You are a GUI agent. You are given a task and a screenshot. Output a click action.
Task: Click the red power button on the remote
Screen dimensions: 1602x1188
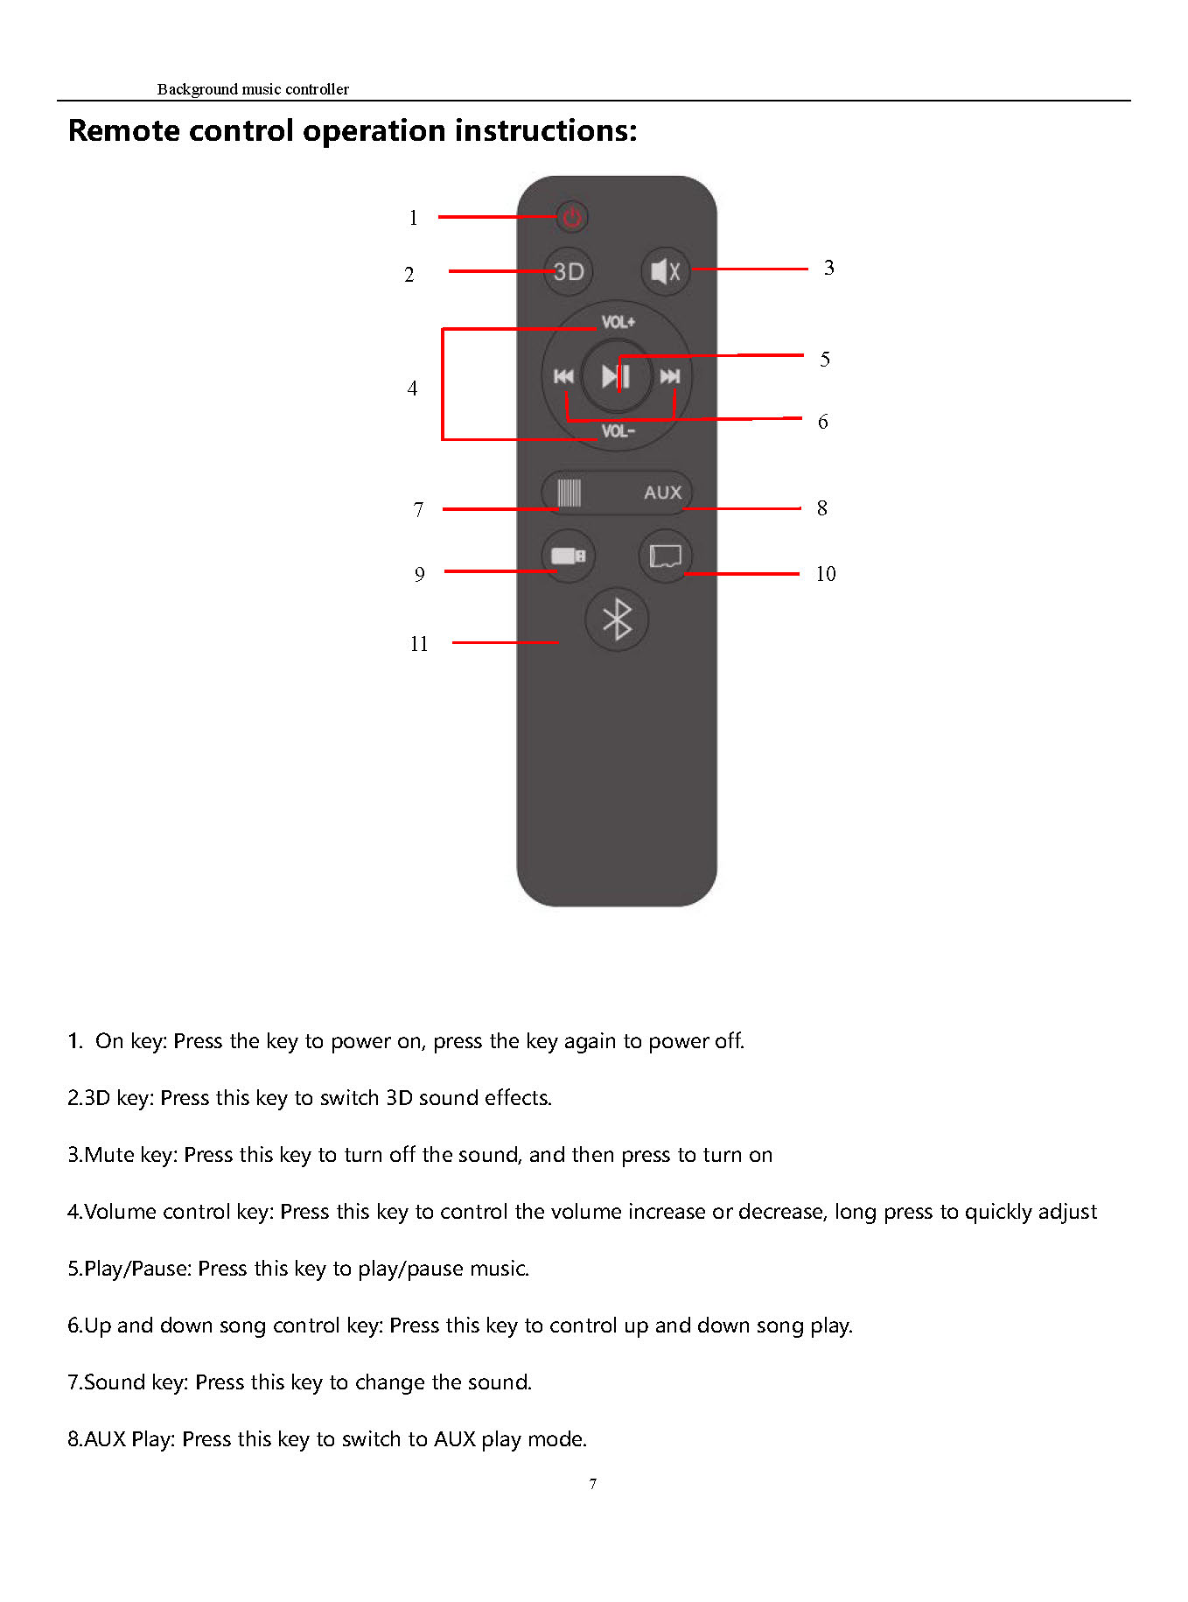[572, 216]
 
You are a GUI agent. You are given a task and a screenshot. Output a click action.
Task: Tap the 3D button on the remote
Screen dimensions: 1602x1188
[569, 271]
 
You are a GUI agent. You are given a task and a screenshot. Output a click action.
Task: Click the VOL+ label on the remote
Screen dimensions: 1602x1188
[618, 322]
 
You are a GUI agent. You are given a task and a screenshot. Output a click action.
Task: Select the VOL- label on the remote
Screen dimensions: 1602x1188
[618, 430]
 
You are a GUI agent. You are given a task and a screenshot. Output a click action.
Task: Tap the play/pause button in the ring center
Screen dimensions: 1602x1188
[617, 376]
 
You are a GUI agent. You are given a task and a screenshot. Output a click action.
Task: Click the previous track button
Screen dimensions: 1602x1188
[563, 376]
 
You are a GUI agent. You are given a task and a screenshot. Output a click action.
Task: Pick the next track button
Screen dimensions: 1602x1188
[670, 376]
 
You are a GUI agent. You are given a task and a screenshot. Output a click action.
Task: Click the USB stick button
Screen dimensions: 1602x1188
[569, 556]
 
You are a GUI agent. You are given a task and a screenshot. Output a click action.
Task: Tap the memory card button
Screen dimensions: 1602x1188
[666, 556]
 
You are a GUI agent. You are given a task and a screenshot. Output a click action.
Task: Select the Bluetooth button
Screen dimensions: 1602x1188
[617, 619]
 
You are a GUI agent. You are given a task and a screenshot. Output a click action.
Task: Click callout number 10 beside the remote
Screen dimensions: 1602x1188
[825, 574]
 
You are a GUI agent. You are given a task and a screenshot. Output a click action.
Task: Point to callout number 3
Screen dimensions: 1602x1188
[828, 268]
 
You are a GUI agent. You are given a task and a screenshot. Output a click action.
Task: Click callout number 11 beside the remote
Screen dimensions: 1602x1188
[419, 644]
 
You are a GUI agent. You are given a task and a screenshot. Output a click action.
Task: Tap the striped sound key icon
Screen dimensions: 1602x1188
[570, 493]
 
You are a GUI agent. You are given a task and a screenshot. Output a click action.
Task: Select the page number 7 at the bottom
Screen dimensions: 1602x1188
[593, 1484]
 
